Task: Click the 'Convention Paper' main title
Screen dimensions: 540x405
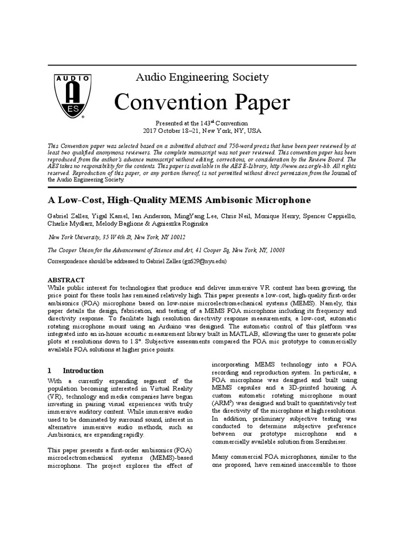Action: (202, 102)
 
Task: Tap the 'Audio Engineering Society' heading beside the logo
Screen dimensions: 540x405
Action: (202, 78)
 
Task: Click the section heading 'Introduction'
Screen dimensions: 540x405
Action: (83, 371)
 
